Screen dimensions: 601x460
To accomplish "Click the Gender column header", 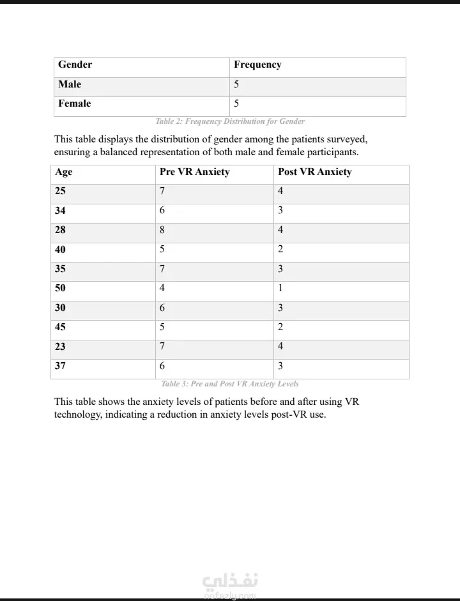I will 75,65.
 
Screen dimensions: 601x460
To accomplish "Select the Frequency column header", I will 257,65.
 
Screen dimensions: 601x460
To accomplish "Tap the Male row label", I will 70,84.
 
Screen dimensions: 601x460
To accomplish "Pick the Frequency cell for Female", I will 236,103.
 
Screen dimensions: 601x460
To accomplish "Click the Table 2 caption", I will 230,121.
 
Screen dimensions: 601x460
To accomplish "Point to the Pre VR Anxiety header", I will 194,172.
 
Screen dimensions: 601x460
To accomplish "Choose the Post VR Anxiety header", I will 314,172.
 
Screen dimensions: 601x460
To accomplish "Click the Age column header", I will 64,172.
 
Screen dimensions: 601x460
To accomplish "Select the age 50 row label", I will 60,288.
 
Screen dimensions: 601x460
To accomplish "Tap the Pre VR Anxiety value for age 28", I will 162,230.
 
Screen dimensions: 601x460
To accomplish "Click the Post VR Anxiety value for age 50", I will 280,288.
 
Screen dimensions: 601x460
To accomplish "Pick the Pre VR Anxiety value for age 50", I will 162,288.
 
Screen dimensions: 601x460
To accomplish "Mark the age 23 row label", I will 60,347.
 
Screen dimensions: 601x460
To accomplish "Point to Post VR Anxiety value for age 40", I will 280,249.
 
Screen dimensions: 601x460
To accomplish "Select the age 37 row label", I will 60,366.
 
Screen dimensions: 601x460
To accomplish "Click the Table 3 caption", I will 230,384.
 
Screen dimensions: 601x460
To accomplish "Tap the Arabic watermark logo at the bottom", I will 230,582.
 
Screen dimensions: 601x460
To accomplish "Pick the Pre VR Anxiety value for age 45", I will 162,327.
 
